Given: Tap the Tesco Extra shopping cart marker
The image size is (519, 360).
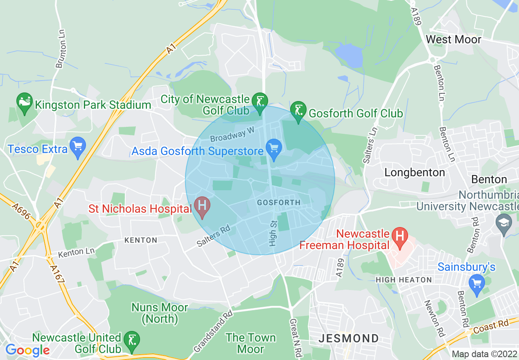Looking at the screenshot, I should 77,147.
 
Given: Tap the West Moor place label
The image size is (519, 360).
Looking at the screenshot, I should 453,40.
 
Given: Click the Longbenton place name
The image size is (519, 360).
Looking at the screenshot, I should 415,173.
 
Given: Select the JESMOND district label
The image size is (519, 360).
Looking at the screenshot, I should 349,339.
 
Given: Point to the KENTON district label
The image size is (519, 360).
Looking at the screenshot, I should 140,240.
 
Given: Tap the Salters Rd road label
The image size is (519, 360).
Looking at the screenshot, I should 213,236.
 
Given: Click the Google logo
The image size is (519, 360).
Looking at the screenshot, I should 27,350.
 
